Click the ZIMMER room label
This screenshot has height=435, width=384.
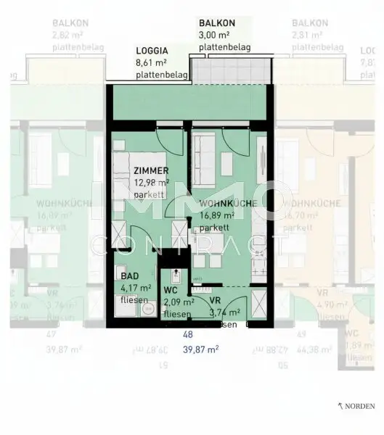(152, 170)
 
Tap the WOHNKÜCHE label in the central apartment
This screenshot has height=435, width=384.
(227, 204)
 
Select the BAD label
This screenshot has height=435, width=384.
(131, 277)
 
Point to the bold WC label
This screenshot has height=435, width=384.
(171, 291)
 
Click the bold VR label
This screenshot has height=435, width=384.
(215, 300)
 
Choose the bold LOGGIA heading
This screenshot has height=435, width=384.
(152, 51)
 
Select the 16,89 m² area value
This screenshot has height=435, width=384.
(217, 215)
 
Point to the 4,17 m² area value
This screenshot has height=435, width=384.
(135, 288)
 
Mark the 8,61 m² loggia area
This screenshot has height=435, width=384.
(151, 63)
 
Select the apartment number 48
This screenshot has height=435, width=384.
(187, 336)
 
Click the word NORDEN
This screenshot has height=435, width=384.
(361, 407)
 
